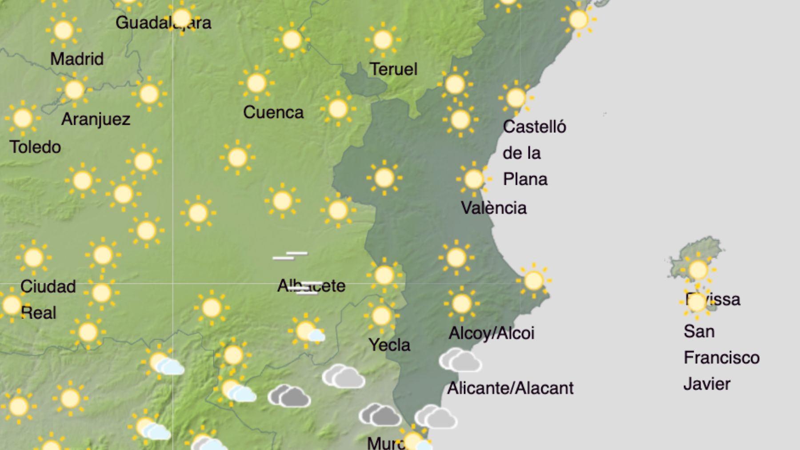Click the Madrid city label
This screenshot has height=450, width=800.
coord(77,59)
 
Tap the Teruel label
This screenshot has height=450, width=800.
coord(393,69)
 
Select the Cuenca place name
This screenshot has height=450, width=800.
coord(273,112)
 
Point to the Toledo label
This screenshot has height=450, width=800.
coord(35,147)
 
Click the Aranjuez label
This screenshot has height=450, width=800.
coord(96,119)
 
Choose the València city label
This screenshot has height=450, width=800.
coord(493,208)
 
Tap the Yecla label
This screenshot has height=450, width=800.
coord(389,345)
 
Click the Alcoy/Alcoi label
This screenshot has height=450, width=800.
coord(491,333)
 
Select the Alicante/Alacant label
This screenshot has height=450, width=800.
coord(510,388)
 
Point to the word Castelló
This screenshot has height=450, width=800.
coord(534,127)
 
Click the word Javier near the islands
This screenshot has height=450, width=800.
coord(707,384)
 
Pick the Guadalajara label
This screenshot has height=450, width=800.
coord(163,23)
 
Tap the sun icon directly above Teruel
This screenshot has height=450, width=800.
coord(383,40)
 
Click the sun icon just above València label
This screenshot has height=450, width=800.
coord(474,179)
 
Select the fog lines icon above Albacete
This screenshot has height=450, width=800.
coord(290,255)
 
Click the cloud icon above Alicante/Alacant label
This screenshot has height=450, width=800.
coord(460,360)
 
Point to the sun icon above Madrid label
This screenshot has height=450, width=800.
coord(64,30)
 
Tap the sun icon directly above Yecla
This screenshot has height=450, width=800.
coord(381,316)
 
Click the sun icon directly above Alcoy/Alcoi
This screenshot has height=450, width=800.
coord(461,304)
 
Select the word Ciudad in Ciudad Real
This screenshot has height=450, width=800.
coord(48,287)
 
